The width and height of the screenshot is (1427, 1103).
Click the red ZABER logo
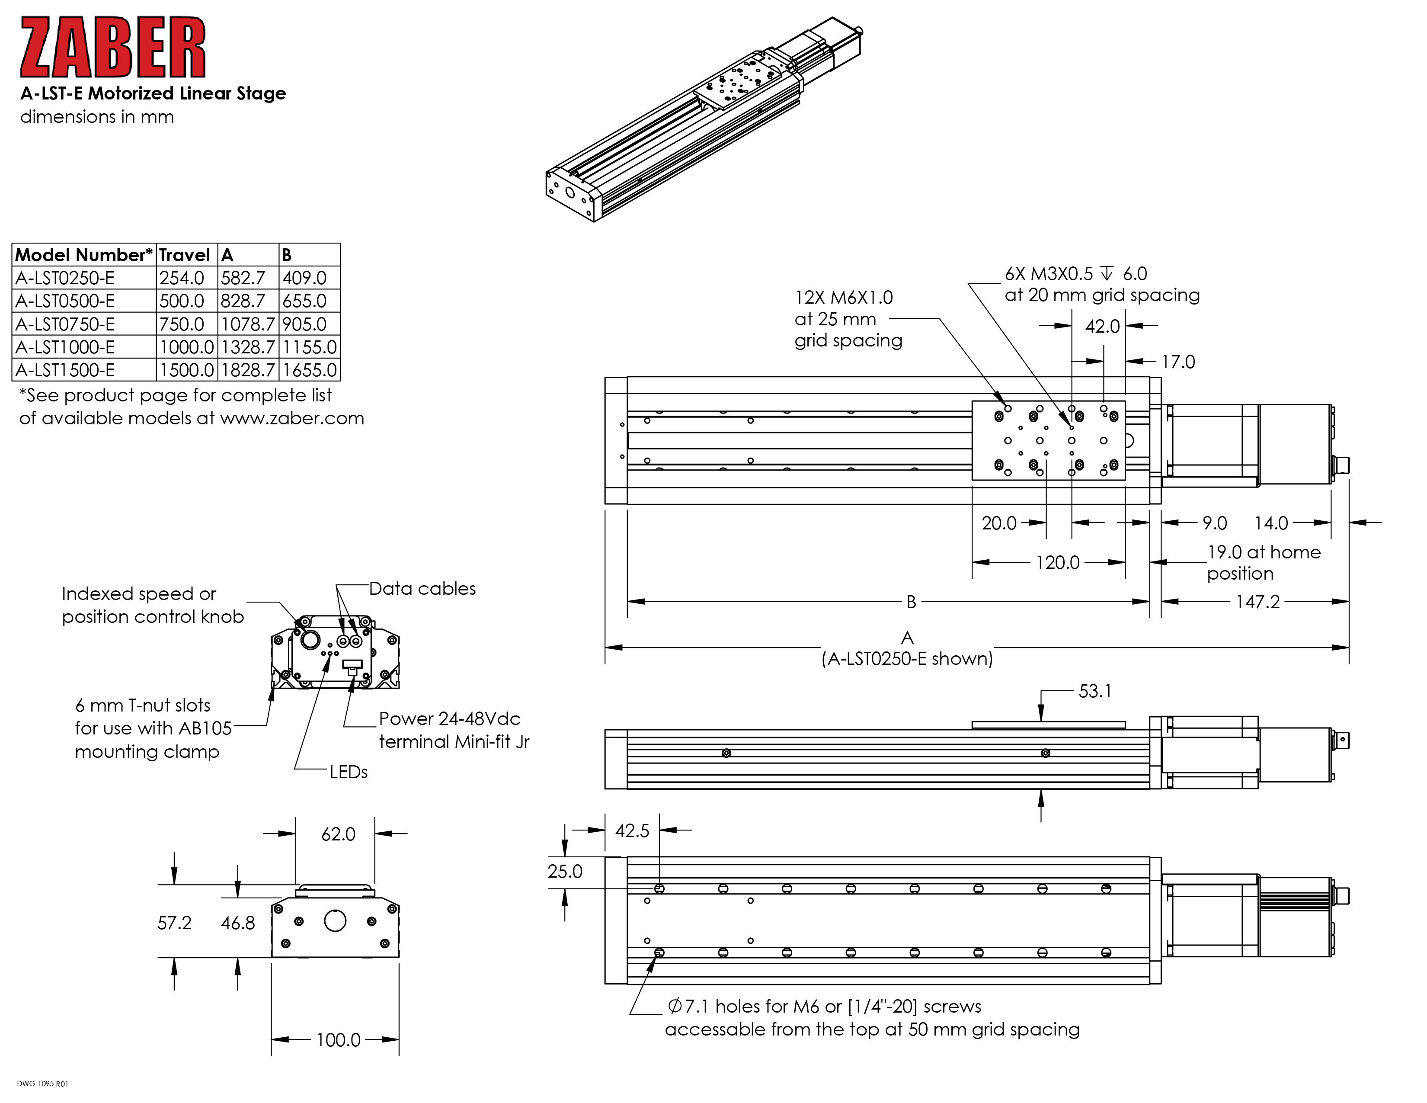click(112, 47)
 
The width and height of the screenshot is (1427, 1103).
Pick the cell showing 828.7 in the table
click(243, 301)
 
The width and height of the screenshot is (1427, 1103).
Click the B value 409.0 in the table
click(304, 279)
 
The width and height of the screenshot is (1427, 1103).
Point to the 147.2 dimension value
click(1258, 602)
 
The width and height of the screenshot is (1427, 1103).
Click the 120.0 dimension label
click(1058, 563)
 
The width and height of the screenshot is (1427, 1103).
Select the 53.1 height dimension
click(1095, 691)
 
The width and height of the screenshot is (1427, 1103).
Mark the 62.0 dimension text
click(339, 834)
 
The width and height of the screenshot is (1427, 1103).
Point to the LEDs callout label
click(348, 773)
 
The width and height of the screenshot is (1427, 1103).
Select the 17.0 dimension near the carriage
click(1178, 362)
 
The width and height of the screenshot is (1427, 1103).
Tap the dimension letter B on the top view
click(911, 602)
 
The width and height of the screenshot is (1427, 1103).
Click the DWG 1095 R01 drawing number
click(42, 1084)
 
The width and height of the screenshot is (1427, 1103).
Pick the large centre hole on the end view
click(335, 921)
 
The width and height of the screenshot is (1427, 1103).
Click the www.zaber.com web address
click(292, 418)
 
